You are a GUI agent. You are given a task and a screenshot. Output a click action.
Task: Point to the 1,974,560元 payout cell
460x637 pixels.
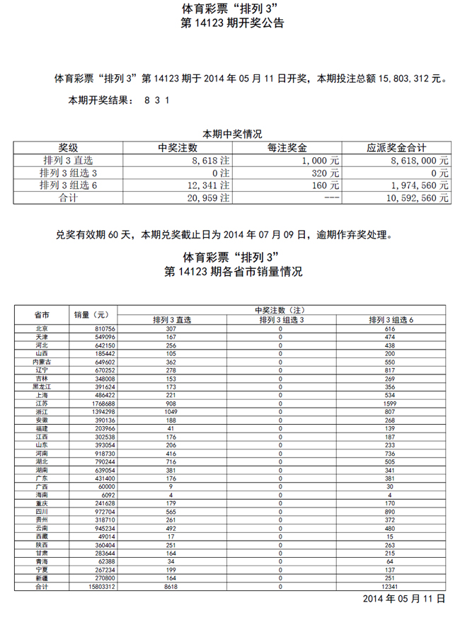coord(420,186)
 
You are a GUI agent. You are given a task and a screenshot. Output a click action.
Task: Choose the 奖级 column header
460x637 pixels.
coord(68,148)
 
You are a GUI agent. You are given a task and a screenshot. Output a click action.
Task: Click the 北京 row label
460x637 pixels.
coord(42,329)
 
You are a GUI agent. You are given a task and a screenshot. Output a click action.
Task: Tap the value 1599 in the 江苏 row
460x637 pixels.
coord(391,403)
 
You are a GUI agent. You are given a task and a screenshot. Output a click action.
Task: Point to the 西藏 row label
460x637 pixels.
coord(42,537)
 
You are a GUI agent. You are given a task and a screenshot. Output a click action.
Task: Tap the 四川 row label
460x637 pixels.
coord(42,512)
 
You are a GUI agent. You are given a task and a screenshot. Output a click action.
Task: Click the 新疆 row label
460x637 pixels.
coord(42,578)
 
